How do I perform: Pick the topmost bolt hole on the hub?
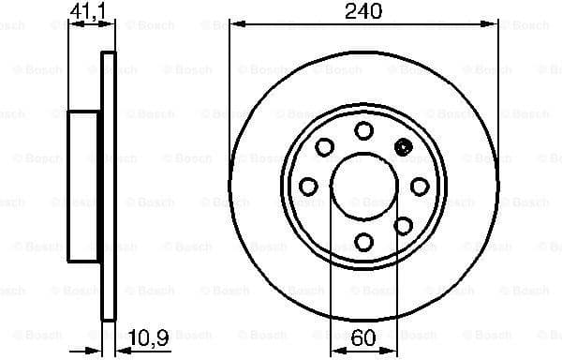[363, 130]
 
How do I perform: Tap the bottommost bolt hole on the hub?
[363, 242]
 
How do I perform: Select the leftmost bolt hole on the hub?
[308, 186]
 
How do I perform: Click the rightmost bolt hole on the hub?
[420, 186]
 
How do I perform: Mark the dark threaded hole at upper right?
[405, 146]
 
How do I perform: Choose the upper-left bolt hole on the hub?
[324, 146]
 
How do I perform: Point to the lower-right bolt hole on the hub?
[404, 225]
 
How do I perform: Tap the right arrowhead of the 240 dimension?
[494, 25]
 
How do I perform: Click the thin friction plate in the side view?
[108, 186]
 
